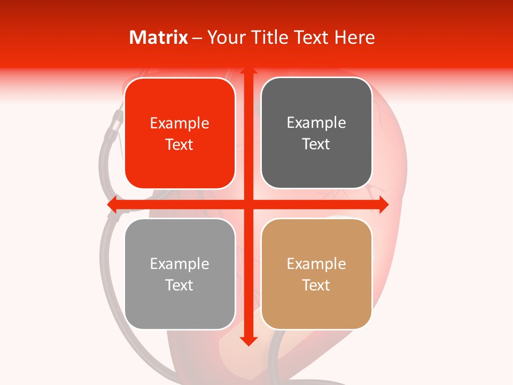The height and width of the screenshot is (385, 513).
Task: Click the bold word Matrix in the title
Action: click(159, 37)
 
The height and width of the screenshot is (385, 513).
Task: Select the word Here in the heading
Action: click(354, 37)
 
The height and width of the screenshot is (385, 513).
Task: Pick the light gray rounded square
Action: click(180, 274)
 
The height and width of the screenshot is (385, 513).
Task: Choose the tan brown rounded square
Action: click(316, 274)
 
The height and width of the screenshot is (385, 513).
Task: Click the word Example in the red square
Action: click(180, 124)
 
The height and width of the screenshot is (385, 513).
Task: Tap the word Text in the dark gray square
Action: click(316, 144)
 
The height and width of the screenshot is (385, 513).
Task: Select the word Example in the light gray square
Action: click(180, 264)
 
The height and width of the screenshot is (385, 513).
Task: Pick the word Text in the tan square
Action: click(316, 286)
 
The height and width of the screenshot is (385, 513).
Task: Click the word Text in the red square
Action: click(180, 145)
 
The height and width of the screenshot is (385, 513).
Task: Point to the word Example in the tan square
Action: click(316, 264)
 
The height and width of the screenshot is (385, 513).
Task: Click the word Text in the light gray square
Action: click(180, 286)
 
